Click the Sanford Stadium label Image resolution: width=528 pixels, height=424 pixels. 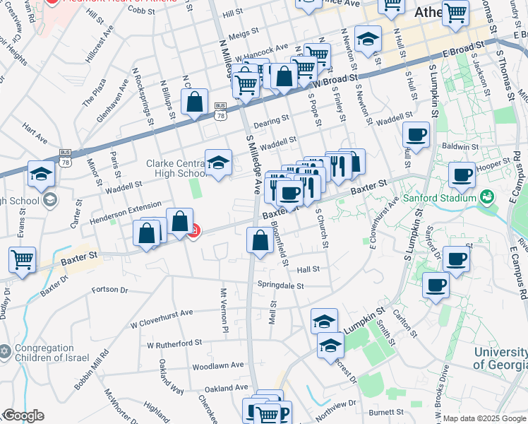(438, 197)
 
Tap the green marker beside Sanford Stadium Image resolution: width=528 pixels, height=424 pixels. (487, 196)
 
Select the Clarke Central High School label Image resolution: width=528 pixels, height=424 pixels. (175, 168)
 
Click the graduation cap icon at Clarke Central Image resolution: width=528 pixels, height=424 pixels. (219, 163)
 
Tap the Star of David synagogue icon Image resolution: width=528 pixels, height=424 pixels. (5, 351)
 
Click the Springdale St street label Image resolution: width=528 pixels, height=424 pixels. (280, 286)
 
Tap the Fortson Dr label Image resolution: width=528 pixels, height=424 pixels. (110, 290)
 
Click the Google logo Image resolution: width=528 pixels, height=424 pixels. (23, 416)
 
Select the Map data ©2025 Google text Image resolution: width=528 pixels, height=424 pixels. (485, 418)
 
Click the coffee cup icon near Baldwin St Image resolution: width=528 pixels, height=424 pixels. (416, 134)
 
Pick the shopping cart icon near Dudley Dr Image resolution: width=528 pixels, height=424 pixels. (22, 259)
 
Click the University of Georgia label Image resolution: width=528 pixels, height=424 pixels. (498, 359)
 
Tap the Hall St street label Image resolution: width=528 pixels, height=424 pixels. (308, 269)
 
